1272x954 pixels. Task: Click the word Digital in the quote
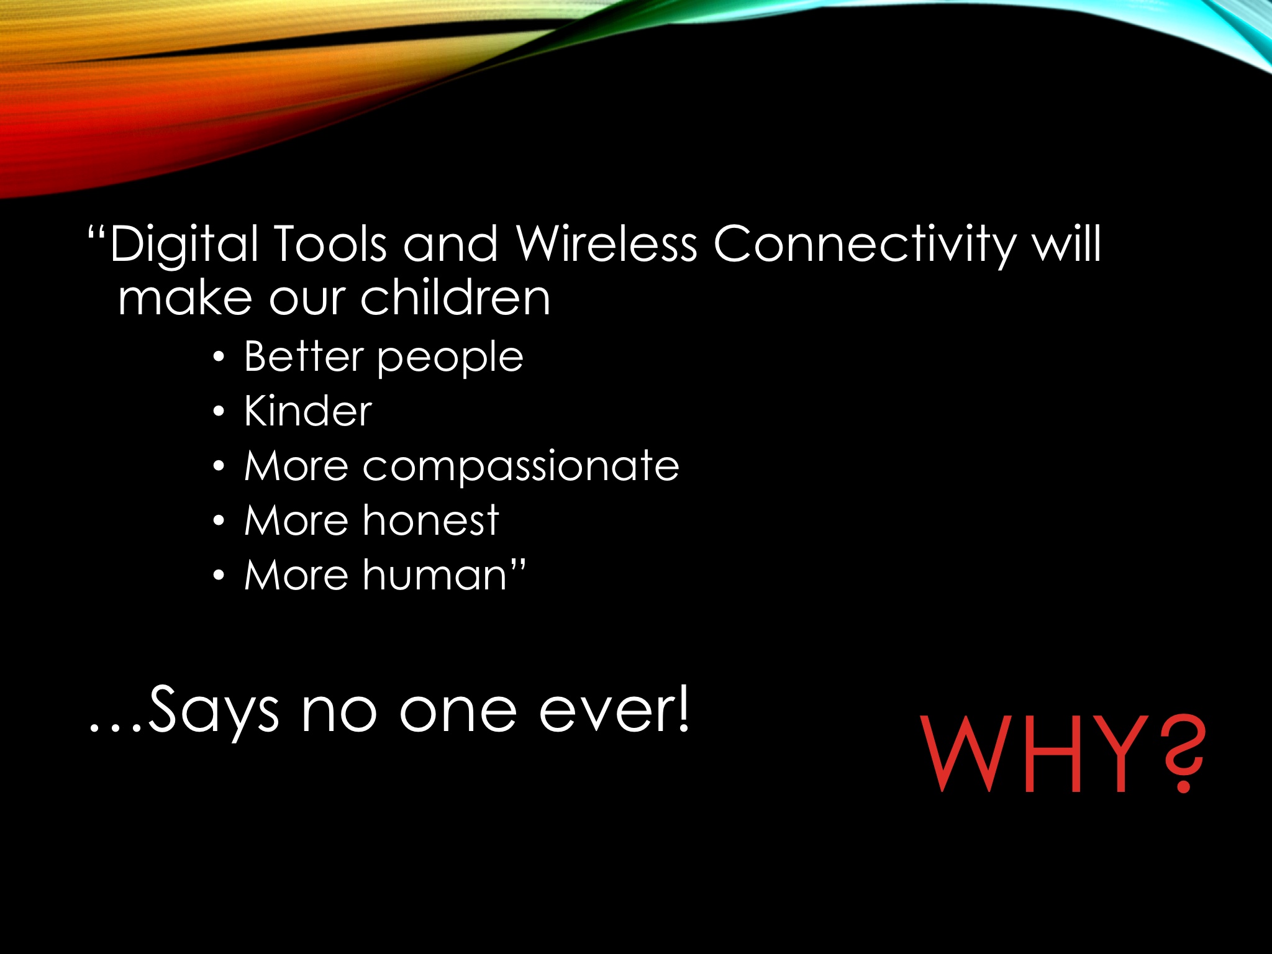[184, 245]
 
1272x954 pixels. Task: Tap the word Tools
[330, 243]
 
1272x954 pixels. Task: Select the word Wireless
[607, 243]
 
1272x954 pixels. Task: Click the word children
[455, 297]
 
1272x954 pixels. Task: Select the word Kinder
[308, 411]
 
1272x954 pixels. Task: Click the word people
[450, 359]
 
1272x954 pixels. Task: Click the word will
[1066, 243]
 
